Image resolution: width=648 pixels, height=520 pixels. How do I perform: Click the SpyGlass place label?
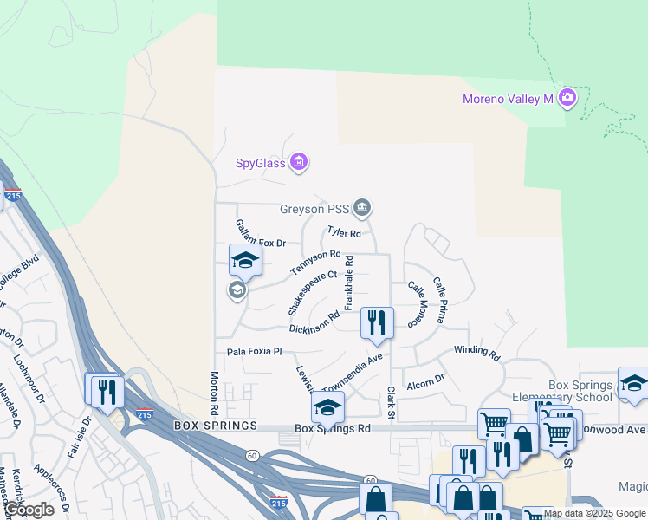tap(261, 162)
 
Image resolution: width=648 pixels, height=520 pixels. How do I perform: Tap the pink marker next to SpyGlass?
tap(299, 161)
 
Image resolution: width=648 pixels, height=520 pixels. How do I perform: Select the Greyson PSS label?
tap(314, 209)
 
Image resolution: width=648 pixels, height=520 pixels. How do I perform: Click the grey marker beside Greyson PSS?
tap(362, 207)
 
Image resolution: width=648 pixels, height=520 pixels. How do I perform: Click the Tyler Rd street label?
tap(343, 232)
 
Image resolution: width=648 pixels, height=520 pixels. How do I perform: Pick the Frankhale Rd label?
tap(349, 283)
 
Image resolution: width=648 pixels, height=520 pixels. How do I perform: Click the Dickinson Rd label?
tap(314, 323)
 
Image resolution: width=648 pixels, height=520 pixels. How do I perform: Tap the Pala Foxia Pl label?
tap(255, 352)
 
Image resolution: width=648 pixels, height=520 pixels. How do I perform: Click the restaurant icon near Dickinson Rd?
tap(377, 322)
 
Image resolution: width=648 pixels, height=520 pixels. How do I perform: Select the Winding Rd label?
tap(477, 353)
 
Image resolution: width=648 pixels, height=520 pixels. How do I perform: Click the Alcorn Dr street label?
tap(425, 379)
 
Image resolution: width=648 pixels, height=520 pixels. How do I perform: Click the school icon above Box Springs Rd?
tap(327, 406)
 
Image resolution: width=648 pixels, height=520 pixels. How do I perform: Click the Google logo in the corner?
tap(28, 510)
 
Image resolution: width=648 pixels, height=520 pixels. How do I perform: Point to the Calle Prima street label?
tap(438, 301)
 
